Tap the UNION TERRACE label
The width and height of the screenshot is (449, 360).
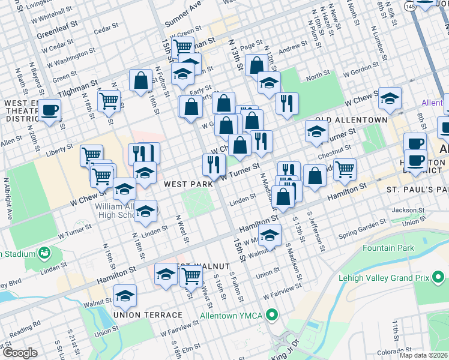pyautogui.click(x=147, y=314)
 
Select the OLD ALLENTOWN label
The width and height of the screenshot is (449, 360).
pyautogui.click(x=352, y=119)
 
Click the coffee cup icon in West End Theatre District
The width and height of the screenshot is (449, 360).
pyautogui.click(x=51, y=110)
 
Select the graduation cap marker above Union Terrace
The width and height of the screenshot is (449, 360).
pyautogui.click(x=125, y=296)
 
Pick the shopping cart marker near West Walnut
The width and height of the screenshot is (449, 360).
pyautogui.click(x=191, y=277)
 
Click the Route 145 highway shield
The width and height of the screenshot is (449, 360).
pyautogui.click(x=409, y=5)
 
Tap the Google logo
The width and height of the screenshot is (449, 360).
pyautogui.click(x=20, y=353)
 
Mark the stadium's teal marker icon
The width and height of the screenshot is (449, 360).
pyautogui.click(x=44, y=253)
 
